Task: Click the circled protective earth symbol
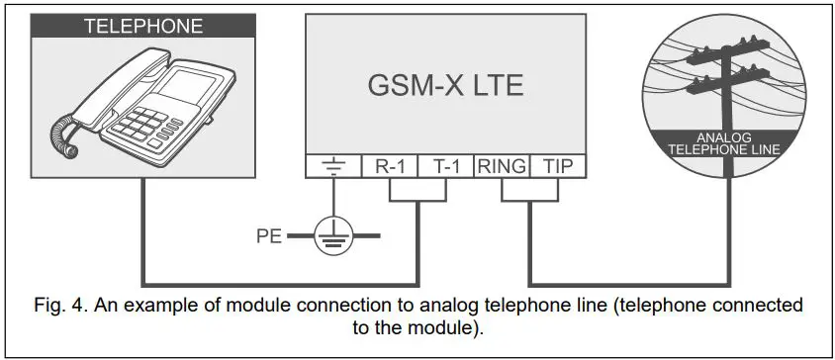331,236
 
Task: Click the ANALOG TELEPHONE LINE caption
726,143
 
